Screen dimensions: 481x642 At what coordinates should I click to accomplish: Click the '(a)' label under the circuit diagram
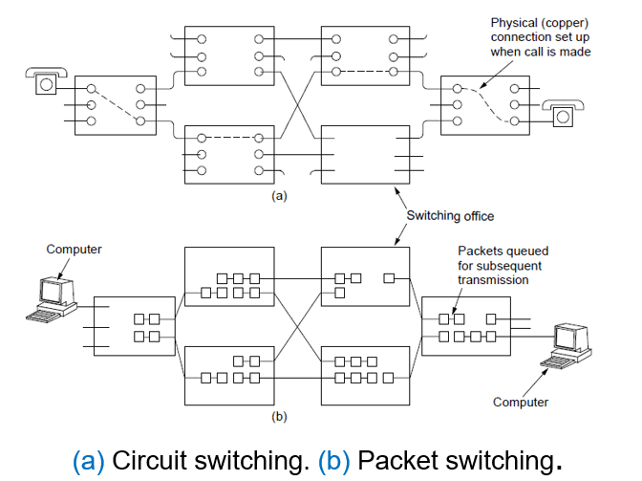(279, 194)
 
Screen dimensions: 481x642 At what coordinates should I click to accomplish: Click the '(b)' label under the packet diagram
(279, 416)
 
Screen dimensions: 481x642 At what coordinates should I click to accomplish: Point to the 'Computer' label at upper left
(74, 250)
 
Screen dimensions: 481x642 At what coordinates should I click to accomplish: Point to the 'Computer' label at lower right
(521, 402)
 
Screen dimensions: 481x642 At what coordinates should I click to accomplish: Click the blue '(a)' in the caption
(90, 459)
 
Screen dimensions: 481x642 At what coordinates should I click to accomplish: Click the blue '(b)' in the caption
(338, 459)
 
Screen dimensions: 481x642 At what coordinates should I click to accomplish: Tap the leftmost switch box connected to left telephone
(114, 102)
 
